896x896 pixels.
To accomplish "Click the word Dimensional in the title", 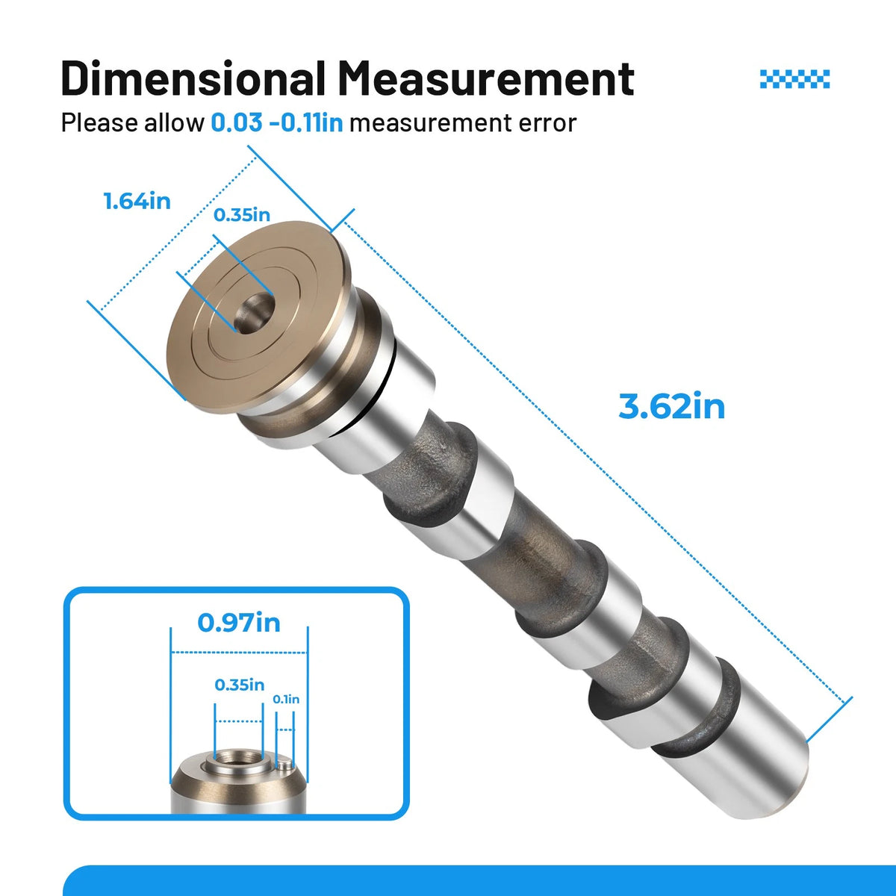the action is coord(193,78).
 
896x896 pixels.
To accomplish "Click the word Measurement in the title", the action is coord(486,78).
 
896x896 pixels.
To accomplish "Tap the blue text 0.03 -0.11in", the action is coord(277,122).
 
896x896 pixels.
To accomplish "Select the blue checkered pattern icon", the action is coord(794,79).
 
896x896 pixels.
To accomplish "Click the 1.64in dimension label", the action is coord(137,202).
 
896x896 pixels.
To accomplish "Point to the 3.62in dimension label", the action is coord(671,406).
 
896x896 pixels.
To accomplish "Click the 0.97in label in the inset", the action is coord(239,623).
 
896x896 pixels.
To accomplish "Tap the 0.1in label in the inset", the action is coord(286,700).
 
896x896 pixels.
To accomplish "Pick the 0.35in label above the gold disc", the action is coord(242,215).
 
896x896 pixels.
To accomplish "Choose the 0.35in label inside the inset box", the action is coord(240,685).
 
